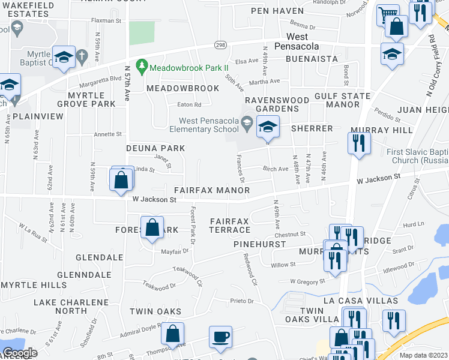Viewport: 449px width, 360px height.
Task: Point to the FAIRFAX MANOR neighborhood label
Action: pyautogui.click(x=212, y=190)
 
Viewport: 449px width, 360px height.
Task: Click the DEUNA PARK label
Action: pyautogui.click(x=155, y=148)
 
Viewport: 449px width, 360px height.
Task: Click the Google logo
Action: pyautogui.click(x=20, y=353)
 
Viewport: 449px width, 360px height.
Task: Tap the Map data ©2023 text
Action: pyautogui.click(x=423, y=355)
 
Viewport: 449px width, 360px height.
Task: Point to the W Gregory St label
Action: pyautogui.click(x=307, y=281)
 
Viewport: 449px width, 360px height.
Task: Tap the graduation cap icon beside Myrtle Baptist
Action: pyautogui.click(x=64, y=57)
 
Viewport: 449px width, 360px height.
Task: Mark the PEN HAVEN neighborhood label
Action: pyautogui.click(x=277, y=11)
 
